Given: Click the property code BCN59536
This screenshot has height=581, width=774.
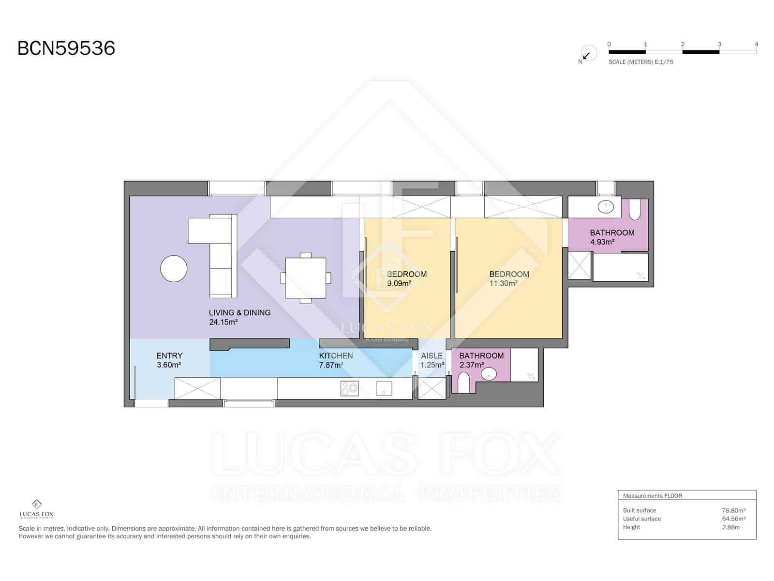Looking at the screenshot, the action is click(x=66, y=48).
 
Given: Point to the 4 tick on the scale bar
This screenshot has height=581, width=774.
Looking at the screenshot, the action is click(x=756, y=44).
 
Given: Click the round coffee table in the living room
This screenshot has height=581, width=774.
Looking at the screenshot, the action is click(x=174, y=268).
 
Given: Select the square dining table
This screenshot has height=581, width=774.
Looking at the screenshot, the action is click(x=305, y=278).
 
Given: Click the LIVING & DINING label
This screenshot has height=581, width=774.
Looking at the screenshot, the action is click(x=239, y=313).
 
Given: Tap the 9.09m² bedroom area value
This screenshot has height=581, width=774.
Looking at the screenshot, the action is click(x=399, y=283).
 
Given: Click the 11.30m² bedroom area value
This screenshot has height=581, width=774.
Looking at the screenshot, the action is click(x=503, y=283).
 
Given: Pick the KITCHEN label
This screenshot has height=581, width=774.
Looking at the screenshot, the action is click(x=336, y=355).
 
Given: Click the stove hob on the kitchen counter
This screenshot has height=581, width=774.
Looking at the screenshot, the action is click(x=349, y=388).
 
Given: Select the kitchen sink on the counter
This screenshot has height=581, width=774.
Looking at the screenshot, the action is click(x=384, y=388).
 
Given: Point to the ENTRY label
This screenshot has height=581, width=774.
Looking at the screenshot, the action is click(x=169, y=355).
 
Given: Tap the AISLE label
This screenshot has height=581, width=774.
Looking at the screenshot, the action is click(x=432, y=355).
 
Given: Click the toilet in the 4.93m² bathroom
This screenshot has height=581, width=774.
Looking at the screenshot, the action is click(x=634, y=210).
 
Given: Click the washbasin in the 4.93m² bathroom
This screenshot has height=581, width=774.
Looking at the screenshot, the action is click(x=606, y=207).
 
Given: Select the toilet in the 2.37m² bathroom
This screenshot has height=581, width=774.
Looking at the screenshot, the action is click(x=463, y=383).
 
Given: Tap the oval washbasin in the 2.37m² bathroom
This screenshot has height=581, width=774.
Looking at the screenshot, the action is click(x=489, y=374).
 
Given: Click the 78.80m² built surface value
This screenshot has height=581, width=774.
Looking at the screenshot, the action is click(x=733, y=510).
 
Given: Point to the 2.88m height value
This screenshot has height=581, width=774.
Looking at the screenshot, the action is click(x=730, y=527).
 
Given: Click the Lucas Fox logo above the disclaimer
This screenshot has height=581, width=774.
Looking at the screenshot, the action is click(x=36, y=509).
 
